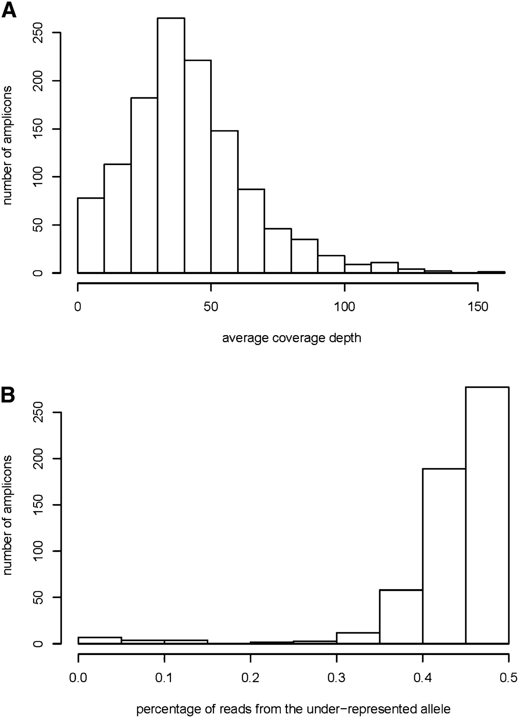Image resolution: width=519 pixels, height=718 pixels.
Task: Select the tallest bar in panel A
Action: (171, 146)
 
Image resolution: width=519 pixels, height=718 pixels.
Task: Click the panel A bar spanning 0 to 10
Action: (90, 235)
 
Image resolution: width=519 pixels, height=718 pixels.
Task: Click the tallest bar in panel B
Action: (487, 515)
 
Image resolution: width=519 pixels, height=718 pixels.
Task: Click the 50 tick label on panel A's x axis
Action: (211, 307)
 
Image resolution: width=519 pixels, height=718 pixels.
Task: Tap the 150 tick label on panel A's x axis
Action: (478, 307)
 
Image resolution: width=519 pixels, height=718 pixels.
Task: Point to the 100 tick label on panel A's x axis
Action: (344, 307)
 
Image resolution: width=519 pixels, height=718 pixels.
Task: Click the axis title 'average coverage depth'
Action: (292, 338)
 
